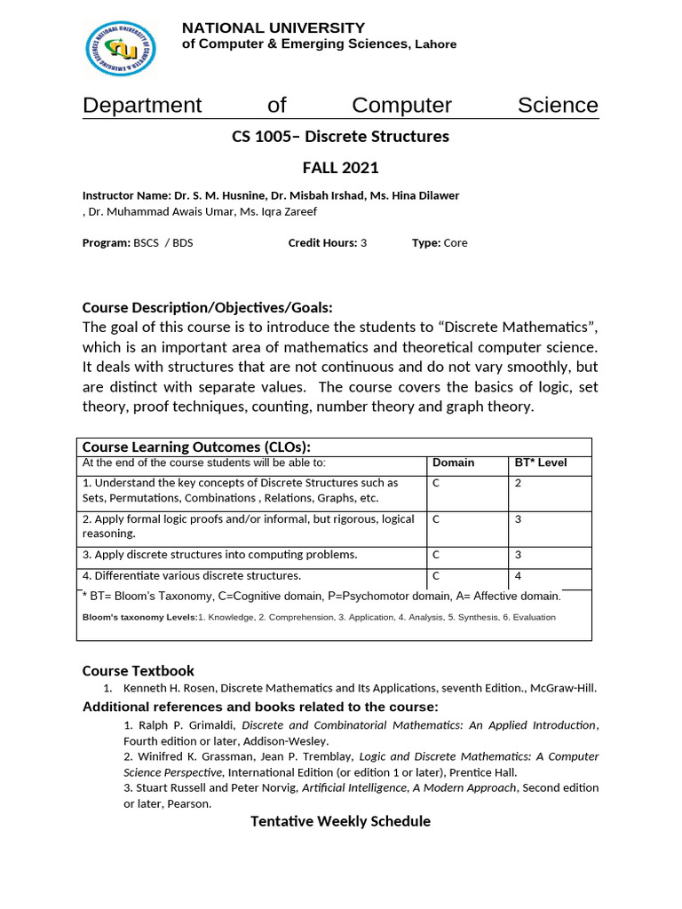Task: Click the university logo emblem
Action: (x=122, y=48)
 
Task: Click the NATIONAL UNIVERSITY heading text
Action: (x=273, y=28)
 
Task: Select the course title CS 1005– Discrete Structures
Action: (x=340, y=137)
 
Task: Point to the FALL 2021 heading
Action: (x=340, y=168)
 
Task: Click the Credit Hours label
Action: (x=322, y=243)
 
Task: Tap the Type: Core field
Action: (x=440, y=243)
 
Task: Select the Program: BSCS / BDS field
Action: (x=138, y=243)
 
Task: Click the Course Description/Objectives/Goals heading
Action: (x=207, y=308)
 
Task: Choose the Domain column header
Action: (x=453, y=462)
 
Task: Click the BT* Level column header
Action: (x=540, y=462)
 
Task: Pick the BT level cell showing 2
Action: (x=518, y=483)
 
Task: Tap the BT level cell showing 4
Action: (x=518, y=576)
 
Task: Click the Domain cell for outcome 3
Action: (x=436, y=555)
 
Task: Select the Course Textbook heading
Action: (x=138, y=670)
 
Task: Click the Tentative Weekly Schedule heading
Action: (x=340, y=821)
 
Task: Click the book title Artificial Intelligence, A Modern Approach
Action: (x=408, y=787)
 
